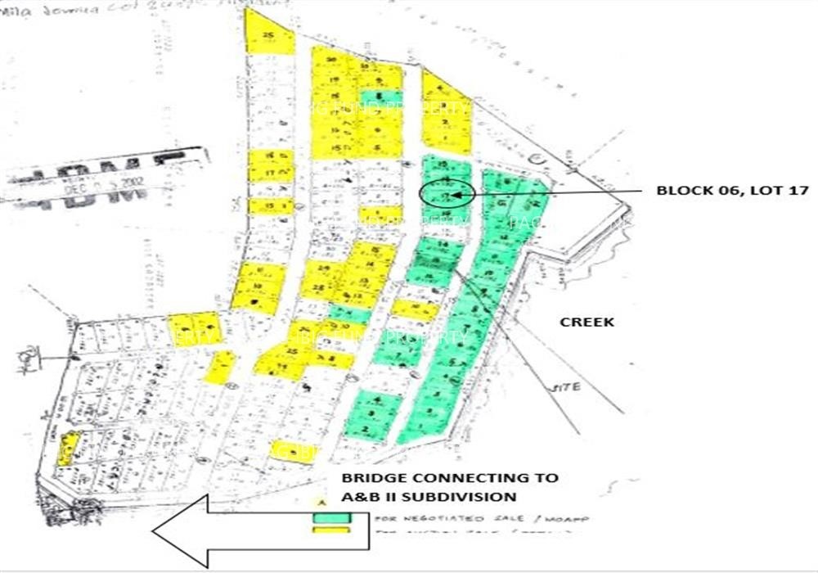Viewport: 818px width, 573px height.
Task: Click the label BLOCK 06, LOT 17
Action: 732,191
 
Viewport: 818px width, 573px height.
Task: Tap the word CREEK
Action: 587,323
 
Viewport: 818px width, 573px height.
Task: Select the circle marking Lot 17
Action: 447,194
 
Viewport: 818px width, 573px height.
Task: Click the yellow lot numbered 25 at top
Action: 269,38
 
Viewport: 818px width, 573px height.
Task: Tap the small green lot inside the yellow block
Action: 381,97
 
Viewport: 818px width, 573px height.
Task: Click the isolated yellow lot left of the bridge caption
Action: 293,451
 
